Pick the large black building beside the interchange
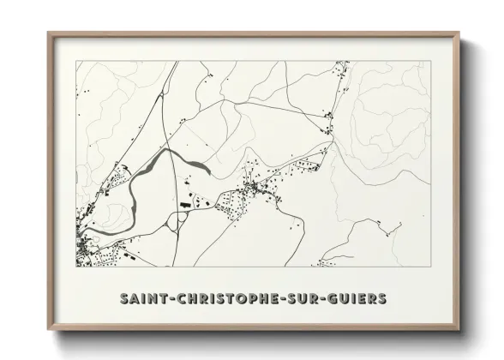tap(183, 207)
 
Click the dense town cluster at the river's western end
tap(86, 248)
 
